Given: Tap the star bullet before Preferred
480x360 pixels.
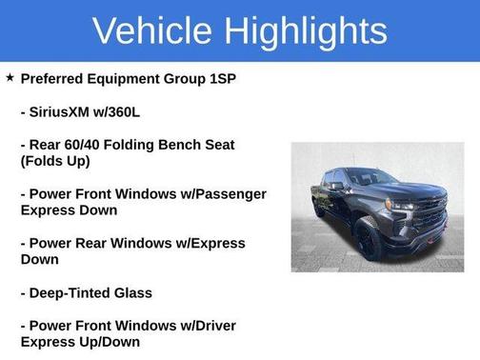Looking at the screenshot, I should pos(10,77).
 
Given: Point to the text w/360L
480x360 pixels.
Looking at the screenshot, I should pos(134,111).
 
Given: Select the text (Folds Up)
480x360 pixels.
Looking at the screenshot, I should pos(55,161).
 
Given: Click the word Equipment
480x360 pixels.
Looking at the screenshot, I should pos(129,78).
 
